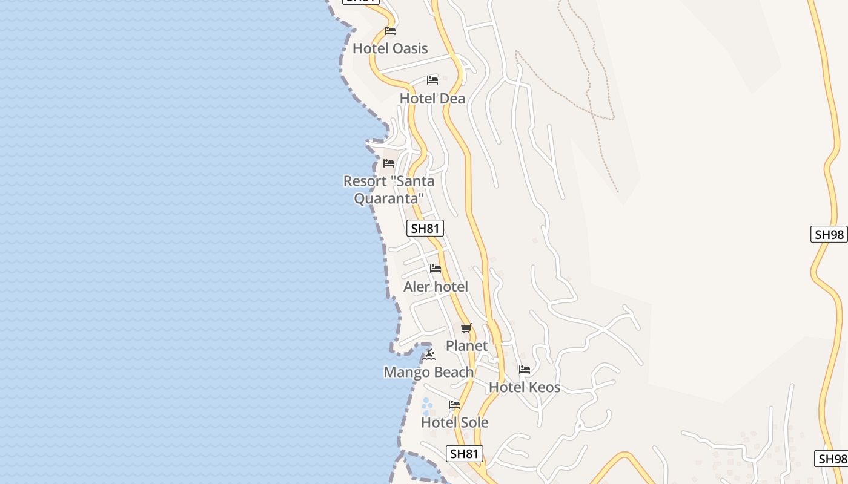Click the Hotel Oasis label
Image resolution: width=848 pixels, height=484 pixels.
coord(390,48)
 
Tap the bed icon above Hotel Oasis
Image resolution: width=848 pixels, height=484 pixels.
coord(390,30)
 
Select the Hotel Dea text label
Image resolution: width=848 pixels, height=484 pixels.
coord(432,98)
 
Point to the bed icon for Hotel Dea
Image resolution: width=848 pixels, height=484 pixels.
coord(432,80)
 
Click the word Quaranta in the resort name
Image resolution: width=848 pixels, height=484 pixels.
coord(388,198)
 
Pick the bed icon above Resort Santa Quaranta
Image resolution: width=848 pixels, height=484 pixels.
coord(389,163)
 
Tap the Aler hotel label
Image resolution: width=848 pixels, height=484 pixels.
coord(436,286)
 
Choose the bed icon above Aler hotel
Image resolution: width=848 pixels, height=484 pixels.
coord(436,269)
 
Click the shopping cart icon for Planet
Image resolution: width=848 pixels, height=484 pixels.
coord(466,329)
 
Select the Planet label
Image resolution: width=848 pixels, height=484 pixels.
coord(466,345)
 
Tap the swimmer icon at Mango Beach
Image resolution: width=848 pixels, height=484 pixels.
coord(429,355)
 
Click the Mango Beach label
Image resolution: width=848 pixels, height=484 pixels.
coord(428,372)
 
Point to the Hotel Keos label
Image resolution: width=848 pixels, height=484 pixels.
coord(525,387)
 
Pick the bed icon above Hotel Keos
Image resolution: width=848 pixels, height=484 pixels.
coord(525,369)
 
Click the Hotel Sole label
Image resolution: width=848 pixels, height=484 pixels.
coord(454,422)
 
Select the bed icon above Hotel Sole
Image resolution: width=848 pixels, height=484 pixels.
coord(454,405)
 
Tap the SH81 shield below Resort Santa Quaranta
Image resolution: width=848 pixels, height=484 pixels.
coord(425,228)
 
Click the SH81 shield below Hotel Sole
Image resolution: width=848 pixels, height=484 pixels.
coord(465,454)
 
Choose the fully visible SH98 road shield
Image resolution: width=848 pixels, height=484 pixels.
coord(829,235)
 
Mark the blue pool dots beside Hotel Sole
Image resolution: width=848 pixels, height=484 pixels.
coord(426,406)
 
